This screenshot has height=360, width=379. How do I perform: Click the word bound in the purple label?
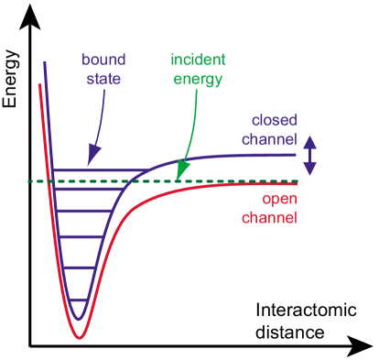(x=103, y=60)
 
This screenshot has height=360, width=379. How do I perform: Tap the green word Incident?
(x=198, y=60)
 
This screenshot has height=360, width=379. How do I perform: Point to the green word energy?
(x=198, y=79)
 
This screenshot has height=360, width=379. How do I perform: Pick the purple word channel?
(x=271, y=139)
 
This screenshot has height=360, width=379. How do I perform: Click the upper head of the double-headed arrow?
(x=310, y=138)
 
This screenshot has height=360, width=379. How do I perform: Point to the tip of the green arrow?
(x=178, y=176)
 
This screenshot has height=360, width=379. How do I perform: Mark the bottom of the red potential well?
(x=80, y=338)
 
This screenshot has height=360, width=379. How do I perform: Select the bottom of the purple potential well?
(x=80, y=319)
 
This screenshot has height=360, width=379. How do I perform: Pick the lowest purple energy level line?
(x=80, y=299)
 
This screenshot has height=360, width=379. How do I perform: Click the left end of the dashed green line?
(x=29, y=181)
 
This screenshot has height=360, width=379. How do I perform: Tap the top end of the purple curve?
(x=43, y=62)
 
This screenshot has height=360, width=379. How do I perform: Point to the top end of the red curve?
(x=38, y=86)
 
